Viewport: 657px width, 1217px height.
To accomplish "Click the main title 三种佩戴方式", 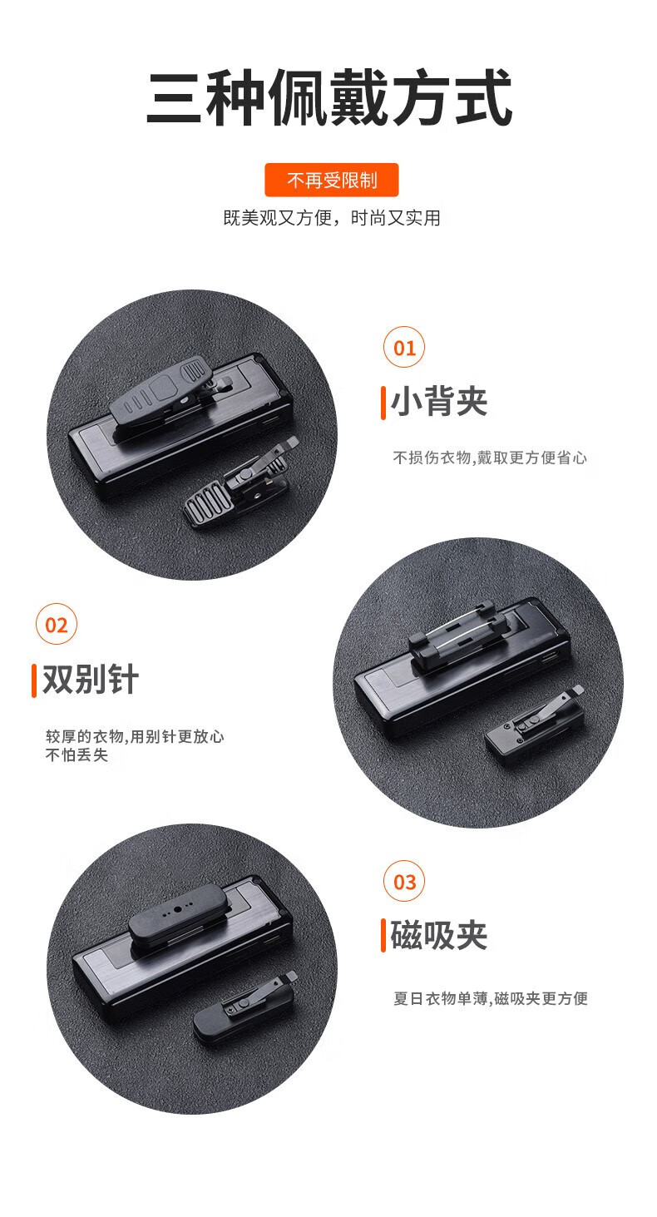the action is tap(329, 98).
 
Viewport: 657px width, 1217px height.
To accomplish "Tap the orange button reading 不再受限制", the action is tap(332, 180).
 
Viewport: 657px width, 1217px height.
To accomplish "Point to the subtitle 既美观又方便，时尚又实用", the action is tap(332, 218).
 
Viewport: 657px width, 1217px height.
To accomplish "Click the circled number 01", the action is tap(404, 347).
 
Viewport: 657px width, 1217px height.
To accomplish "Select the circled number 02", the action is tap(57, 624).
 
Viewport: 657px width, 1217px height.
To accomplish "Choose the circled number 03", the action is tap(404, 881).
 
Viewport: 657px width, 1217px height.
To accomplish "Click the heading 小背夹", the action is tap(439, 402).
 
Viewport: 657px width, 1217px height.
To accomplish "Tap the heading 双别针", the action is tap(91, 679).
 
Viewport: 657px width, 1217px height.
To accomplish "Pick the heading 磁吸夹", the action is tap(439, 936).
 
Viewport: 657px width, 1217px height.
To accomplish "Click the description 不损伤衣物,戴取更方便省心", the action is tap(490, 458).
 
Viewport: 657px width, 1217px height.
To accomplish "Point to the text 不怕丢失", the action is tap(77, 755).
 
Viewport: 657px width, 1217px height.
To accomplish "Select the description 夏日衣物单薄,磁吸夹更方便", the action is tap(491, 998).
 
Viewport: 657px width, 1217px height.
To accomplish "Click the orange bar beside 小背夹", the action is tap(383, 403).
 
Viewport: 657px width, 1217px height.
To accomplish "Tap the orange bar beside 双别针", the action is tap(34, 680).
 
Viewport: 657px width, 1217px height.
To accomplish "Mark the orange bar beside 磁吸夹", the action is tap(383, 936).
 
